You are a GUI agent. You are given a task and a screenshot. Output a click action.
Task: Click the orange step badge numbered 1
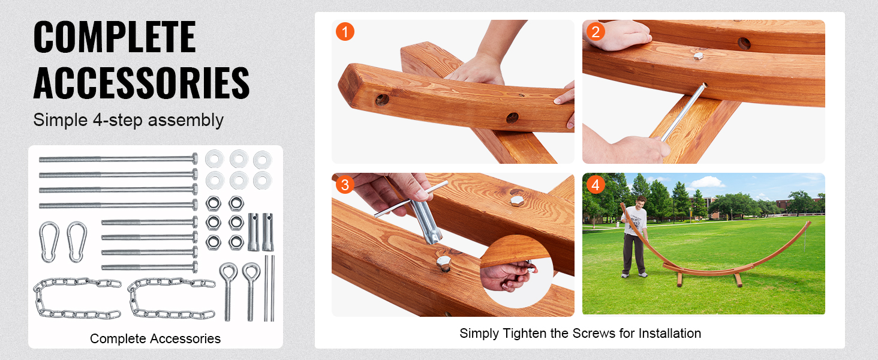pos(345,31)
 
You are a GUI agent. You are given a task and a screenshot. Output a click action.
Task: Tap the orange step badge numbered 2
pos(595,31)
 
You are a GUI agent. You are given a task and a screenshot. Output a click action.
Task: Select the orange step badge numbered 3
pos(345,185)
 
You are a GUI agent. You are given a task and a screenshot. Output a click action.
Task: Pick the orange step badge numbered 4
pos(595,185)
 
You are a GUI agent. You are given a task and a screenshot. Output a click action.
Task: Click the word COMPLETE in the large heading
pos(115,37)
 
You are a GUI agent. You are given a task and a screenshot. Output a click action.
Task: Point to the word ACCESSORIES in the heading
pos(142,83)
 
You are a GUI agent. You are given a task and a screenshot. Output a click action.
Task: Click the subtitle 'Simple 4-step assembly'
pos(128,120)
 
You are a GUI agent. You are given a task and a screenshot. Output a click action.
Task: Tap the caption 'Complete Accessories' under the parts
pos(155,338)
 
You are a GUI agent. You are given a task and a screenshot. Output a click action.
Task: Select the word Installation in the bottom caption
pos(669,333)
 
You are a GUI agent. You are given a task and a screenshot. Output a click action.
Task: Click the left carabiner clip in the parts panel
pos(49,242)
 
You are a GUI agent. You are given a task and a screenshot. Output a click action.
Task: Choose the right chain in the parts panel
pos(172,298)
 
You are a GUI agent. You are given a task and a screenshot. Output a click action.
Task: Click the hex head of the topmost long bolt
pos(194,159)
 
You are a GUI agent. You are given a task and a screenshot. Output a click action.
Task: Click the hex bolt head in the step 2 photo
pos(697,56)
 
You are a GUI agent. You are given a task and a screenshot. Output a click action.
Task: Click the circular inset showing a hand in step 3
pos(515,272)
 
